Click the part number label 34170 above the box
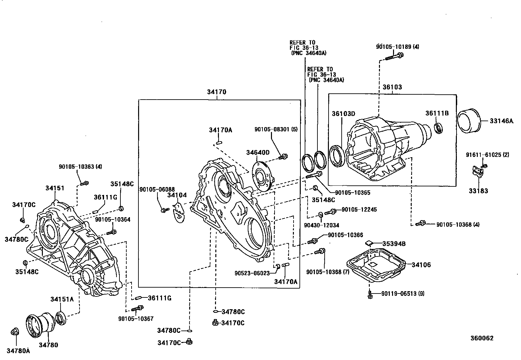[216, 92]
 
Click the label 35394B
[394, 244]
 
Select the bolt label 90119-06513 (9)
[403, 294]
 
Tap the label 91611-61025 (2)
[488, 155]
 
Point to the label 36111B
[437, 113]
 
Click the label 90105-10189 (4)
[397, 47]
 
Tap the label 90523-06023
[252, 273]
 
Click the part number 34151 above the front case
[55, 188]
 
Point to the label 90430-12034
[321, 225]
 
